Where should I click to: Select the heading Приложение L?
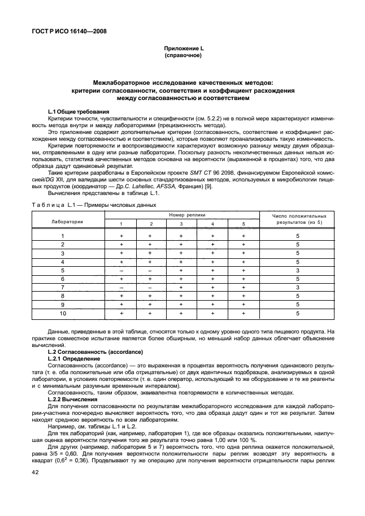(x=182, y=50)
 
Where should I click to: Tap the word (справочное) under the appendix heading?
(x=182, y=57)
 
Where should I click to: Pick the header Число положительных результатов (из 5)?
(x=299, y=219)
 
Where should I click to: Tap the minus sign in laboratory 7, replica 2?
(x=151, y=287)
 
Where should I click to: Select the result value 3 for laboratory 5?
(x=297, y=270)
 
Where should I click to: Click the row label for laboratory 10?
(x=63, y=313)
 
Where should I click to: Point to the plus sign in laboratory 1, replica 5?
(x=243, y=236)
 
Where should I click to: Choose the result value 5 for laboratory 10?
(x=297, y=313)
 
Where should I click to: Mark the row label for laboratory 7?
(x=63, y=287)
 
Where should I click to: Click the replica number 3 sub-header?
(x=181, y=224)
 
